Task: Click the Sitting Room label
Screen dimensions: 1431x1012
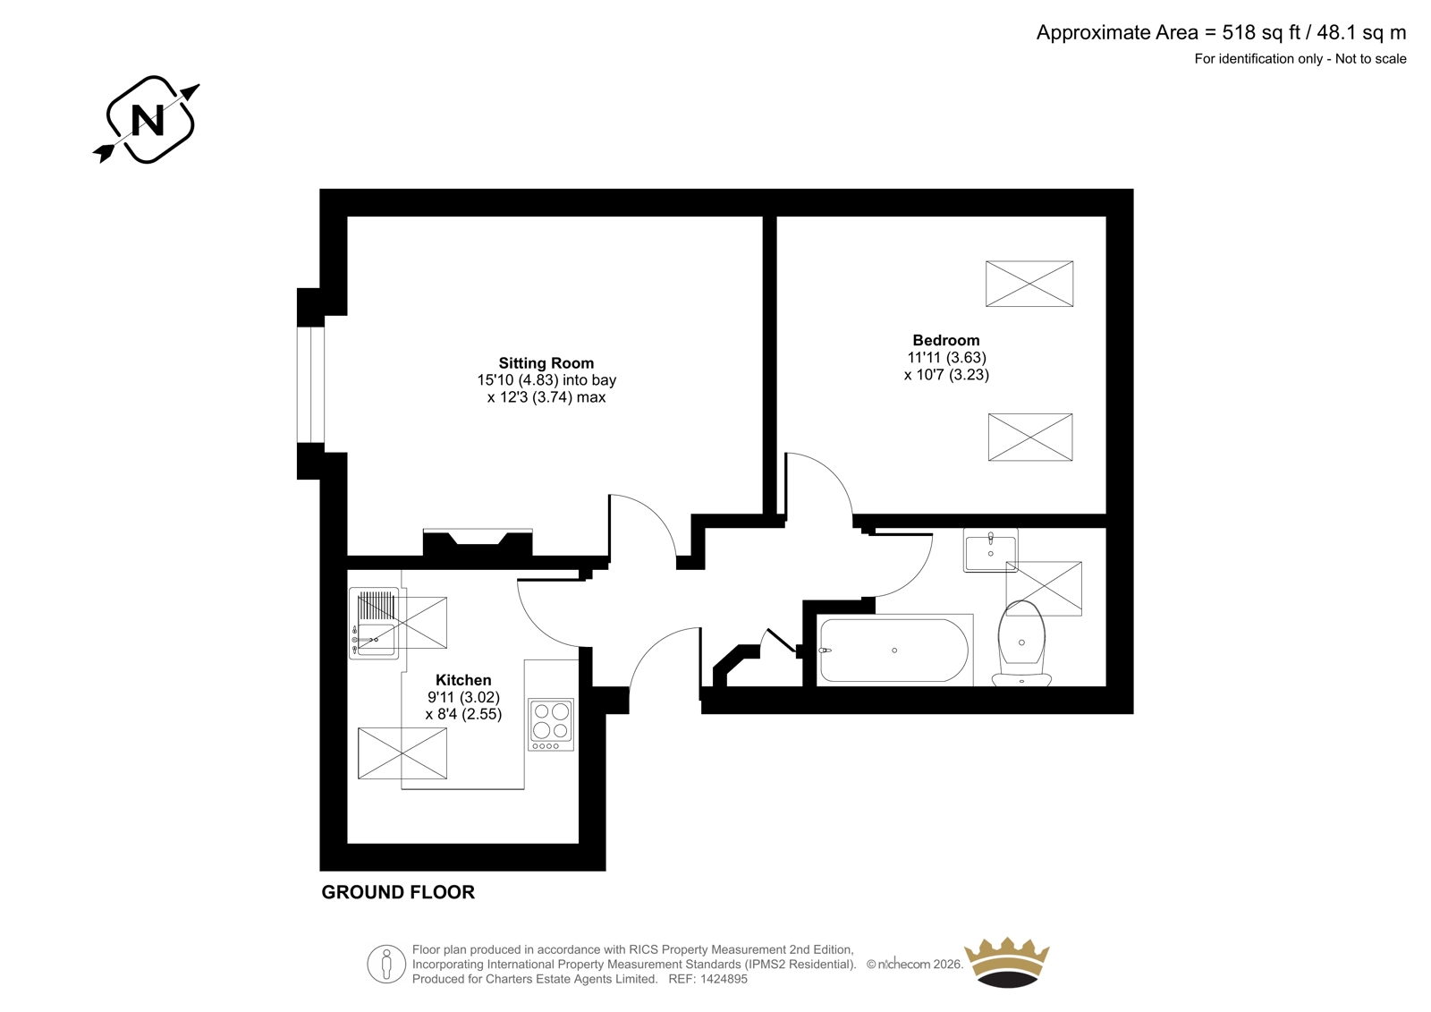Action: pos(546,363)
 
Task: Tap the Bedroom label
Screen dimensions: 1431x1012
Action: pos(946,340)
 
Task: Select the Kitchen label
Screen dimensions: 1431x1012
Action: pos(464,679)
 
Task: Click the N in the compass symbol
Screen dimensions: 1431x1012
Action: pos(148,120)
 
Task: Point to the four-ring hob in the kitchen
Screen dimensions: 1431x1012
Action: pos(551,725)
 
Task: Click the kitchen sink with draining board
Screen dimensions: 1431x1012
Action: pos(375,624)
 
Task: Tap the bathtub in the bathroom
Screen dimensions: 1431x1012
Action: pos(894,651)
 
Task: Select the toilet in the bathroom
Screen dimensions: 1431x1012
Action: pos(1021,643)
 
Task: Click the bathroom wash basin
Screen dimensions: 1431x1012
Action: pos(990,549)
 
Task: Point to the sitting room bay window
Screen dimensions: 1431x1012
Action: pos(311,384)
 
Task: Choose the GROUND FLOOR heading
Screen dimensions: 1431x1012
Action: pos(398,892)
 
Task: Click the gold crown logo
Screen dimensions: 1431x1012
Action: pos(1007,962)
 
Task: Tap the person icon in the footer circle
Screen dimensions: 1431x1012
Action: pos(385,964)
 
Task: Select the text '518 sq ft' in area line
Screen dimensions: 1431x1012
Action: pos(1262,32)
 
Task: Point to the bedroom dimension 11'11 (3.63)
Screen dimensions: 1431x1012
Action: pos(947,357)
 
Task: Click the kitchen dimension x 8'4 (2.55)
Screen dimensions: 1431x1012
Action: pos(464,714)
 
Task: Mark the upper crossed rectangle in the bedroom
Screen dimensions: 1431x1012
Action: pos(1029,284)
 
